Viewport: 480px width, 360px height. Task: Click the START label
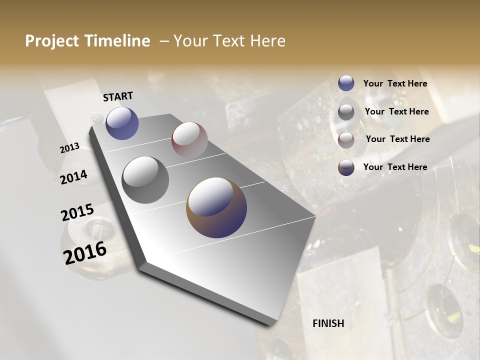(118, 96)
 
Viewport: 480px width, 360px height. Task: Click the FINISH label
(328, 323)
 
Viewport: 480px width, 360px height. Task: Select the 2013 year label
(69, 147)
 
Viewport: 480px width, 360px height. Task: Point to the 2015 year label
(77, 212)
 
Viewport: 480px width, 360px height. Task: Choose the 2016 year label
(85, 253)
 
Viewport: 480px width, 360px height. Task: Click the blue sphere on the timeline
(122, 123)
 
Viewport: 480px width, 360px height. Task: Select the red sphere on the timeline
(189, 139)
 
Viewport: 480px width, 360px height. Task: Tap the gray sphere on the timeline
(145, 179)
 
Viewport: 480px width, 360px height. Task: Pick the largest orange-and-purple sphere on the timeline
(216, 207)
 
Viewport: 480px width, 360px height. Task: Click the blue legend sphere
(346, 83)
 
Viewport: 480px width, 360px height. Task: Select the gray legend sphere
(346, 112)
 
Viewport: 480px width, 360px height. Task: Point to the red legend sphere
(346, 140)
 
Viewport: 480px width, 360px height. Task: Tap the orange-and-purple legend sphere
(346, 167)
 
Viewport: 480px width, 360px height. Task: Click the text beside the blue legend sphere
(395, 84)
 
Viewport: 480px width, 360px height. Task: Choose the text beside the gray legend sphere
(396, 111)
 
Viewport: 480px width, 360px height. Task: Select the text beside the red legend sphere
(397, 139)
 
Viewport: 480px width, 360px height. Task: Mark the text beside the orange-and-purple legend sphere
(395, 167)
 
